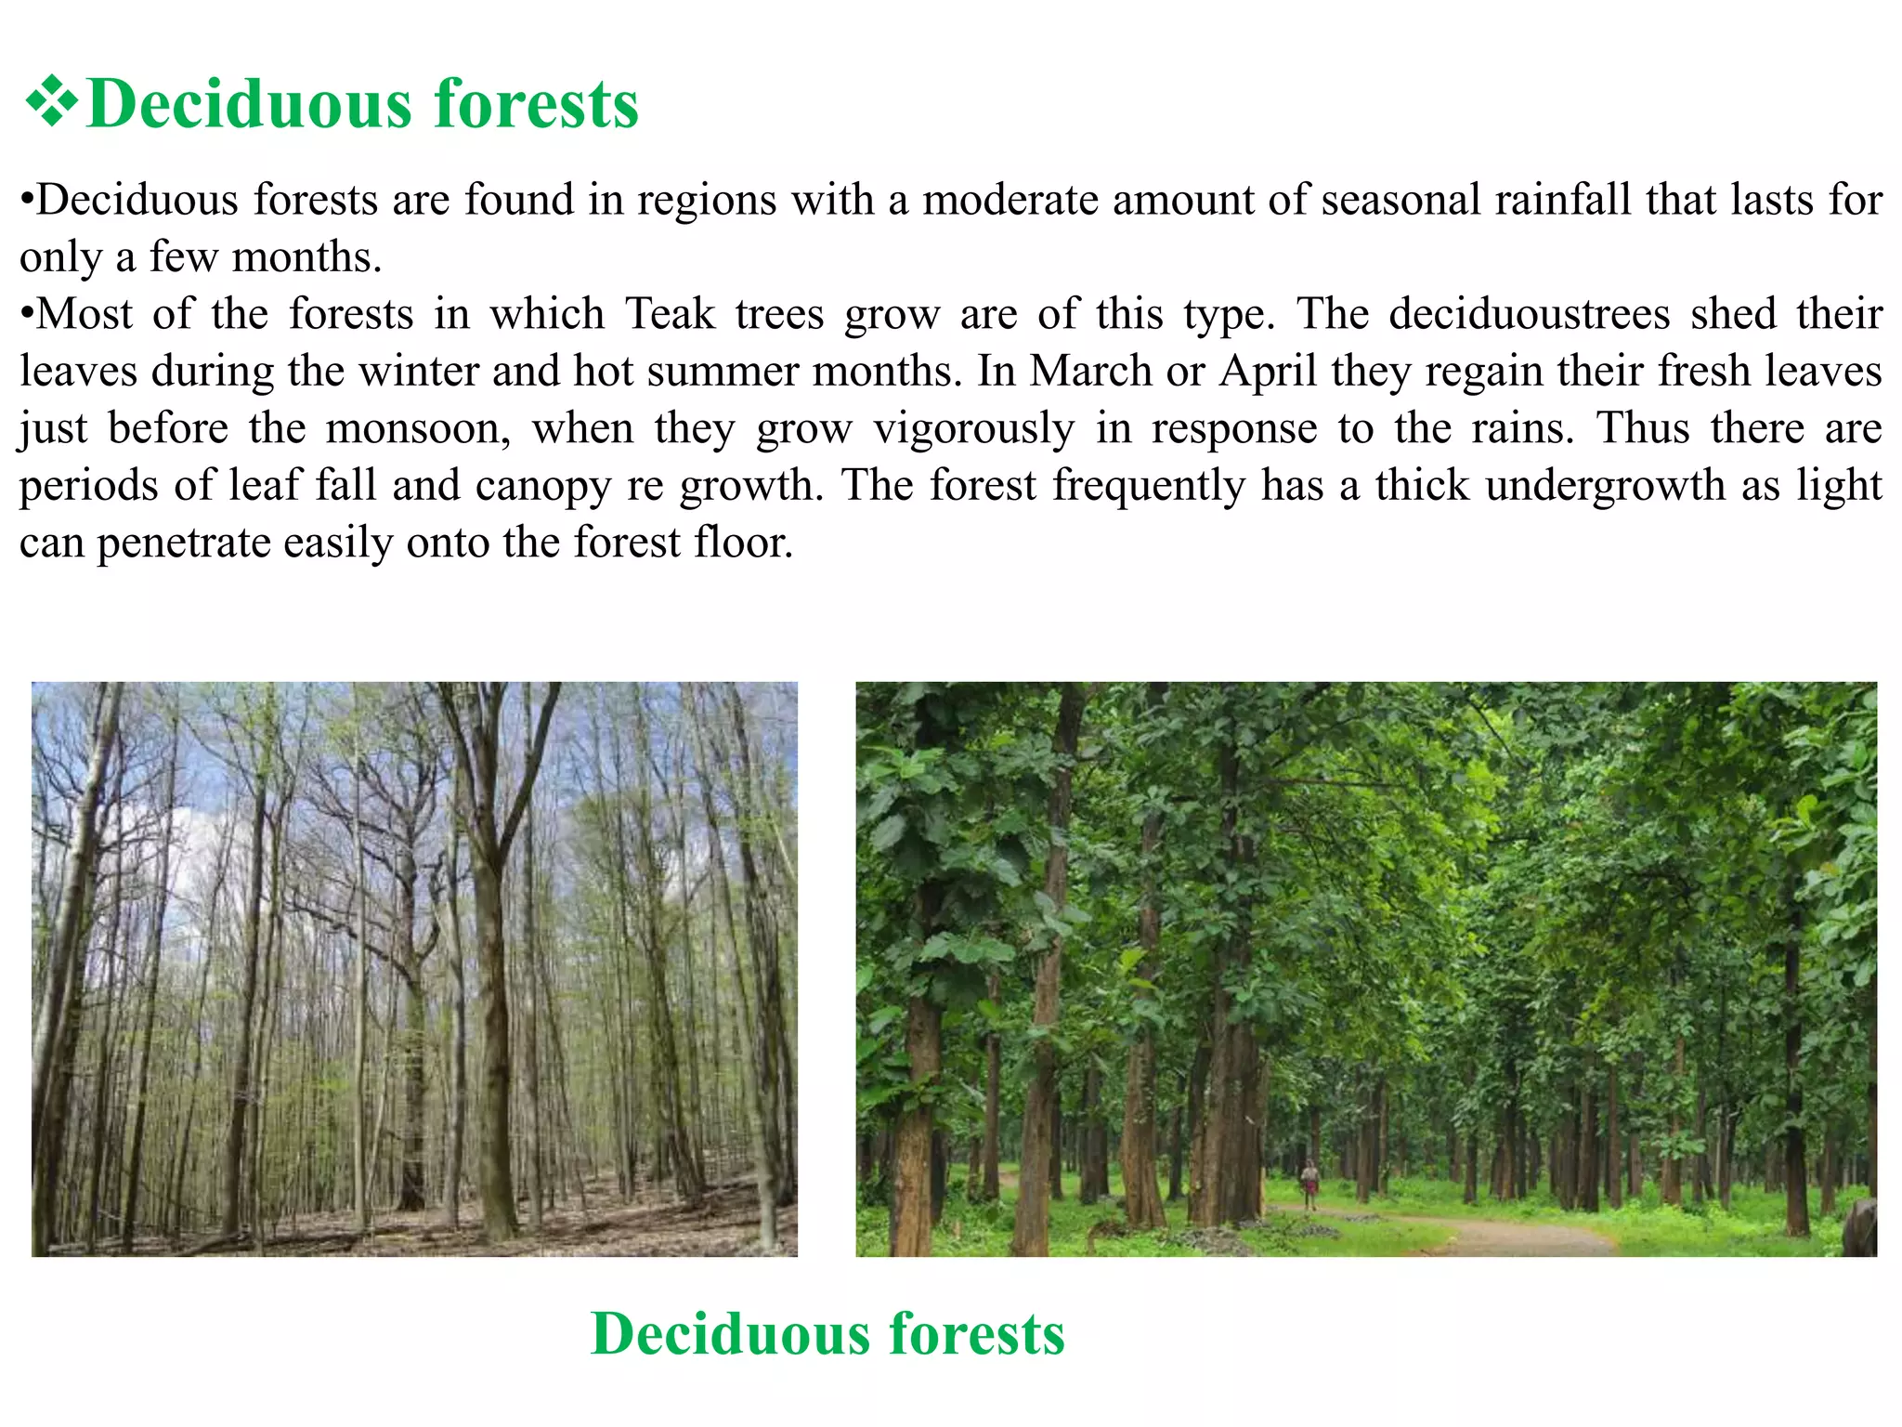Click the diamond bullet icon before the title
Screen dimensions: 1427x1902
pos(51,103)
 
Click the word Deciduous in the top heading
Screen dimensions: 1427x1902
pos(248,103)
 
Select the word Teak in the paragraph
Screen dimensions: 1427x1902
pos(670,313)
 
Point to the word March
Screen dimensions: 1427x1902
pos(1090,371)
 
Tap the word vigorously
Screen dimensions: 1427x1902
pos(974,428)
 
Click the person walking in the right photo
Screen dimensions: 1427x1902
pos(1309,1183)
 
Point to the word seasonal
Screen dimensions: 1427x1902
pos(1400,200)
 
